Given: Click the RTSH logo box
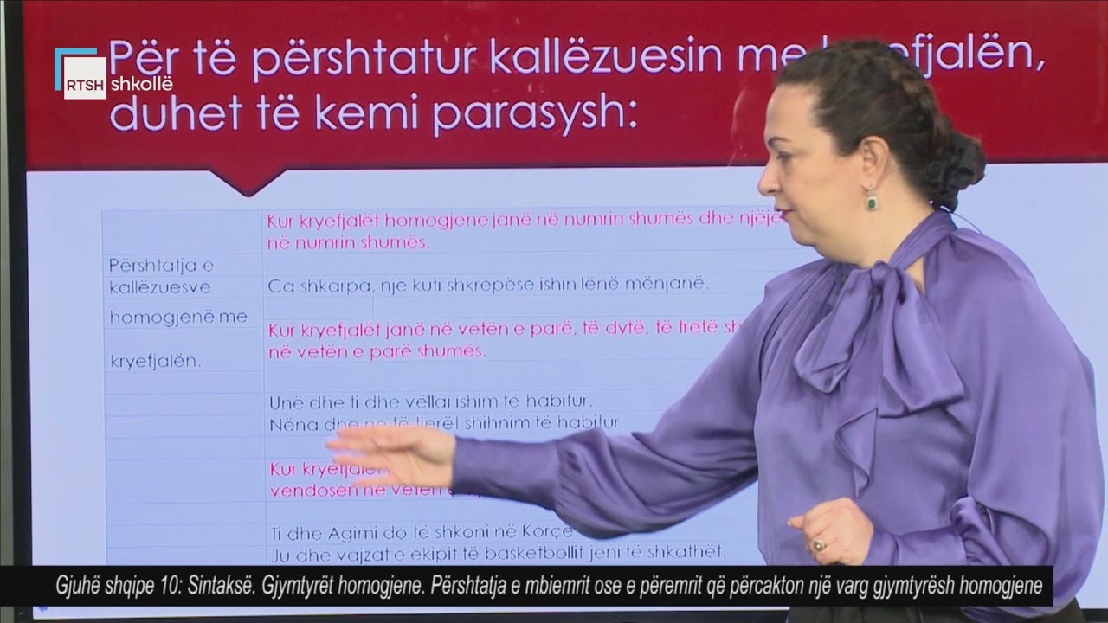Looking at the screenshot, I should (x=84, y=78).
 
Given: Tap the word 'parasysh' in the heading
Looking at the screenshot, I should (x=534, y=113).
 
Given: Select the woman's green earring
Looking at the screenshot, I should (x=871, y=201).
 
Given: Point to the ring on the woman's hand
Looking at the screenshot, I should (x=817, y=545).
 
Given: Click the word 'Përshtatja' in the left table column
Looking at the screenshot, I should (x=161, y=265).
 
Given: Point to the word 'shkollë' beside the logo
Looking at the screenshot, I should (x=142, y=84).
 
